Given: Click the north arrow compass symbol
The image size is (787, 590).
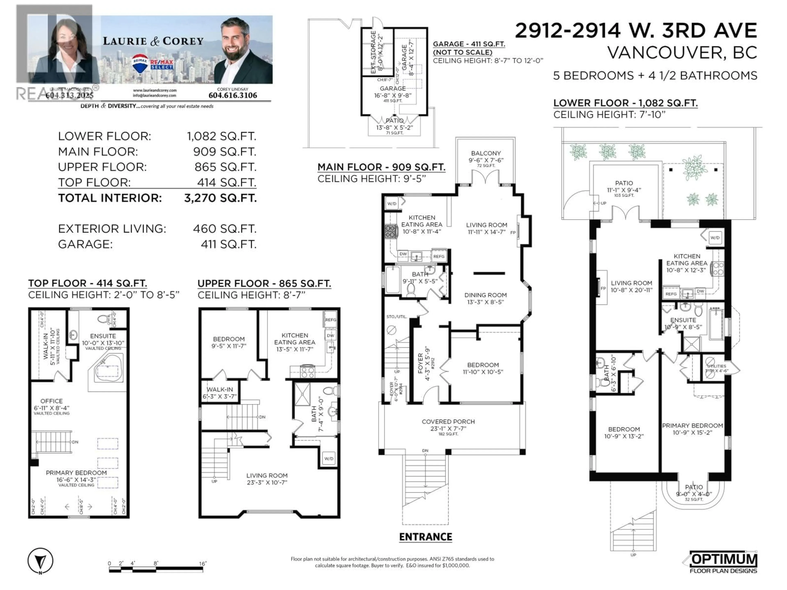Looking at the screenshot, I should click(x=40, y=561).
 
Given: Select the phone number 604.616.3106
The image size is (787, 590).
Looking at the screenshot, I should click(x=232, y=95).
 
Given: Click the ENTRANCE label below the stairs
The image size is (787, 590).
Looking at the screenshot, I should click(x=425, y=537).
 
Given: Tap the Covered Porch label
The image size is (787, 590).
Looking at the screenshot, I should click(x=448, y=422).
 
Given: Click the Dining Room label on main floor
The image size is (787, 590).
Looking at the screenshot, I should click(x=485, y=295).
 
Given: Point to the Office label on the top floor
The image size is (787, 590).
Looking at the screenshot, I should click(x=52, y=401).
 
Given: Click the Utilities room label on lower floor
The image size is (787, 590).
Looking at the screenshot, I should click(x=716, y=366).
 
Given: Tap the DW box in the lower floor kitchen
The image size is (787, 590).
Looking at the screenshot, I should click(x=700, y=291).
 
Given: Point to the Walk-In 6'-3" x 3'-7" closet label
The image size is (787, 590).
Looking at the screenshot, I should click(x=219, y=393).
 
